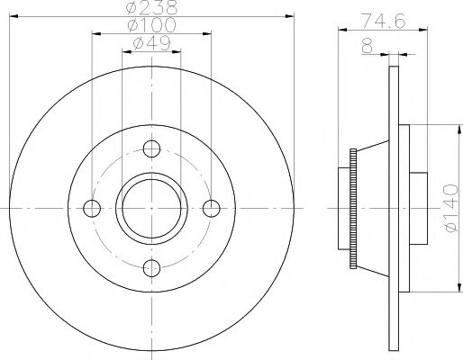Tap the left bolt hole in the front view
[92, 208]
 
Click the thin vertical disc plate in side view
[394, 208]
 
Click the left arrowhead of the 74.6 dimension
[341, 31]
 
